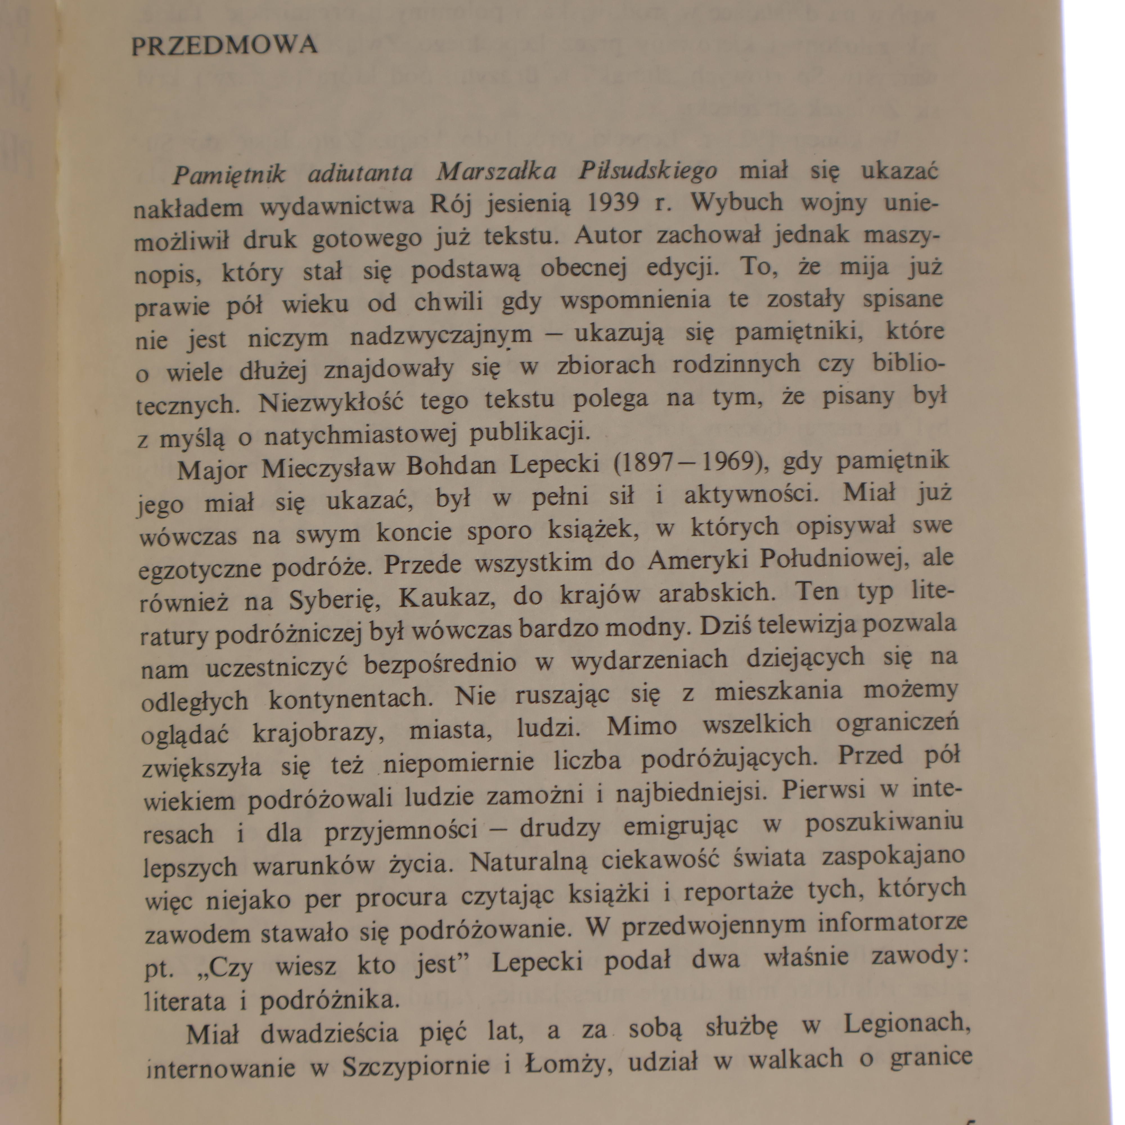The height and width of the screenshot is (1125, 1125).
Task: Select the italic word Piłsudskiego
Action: click(648, 171)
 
